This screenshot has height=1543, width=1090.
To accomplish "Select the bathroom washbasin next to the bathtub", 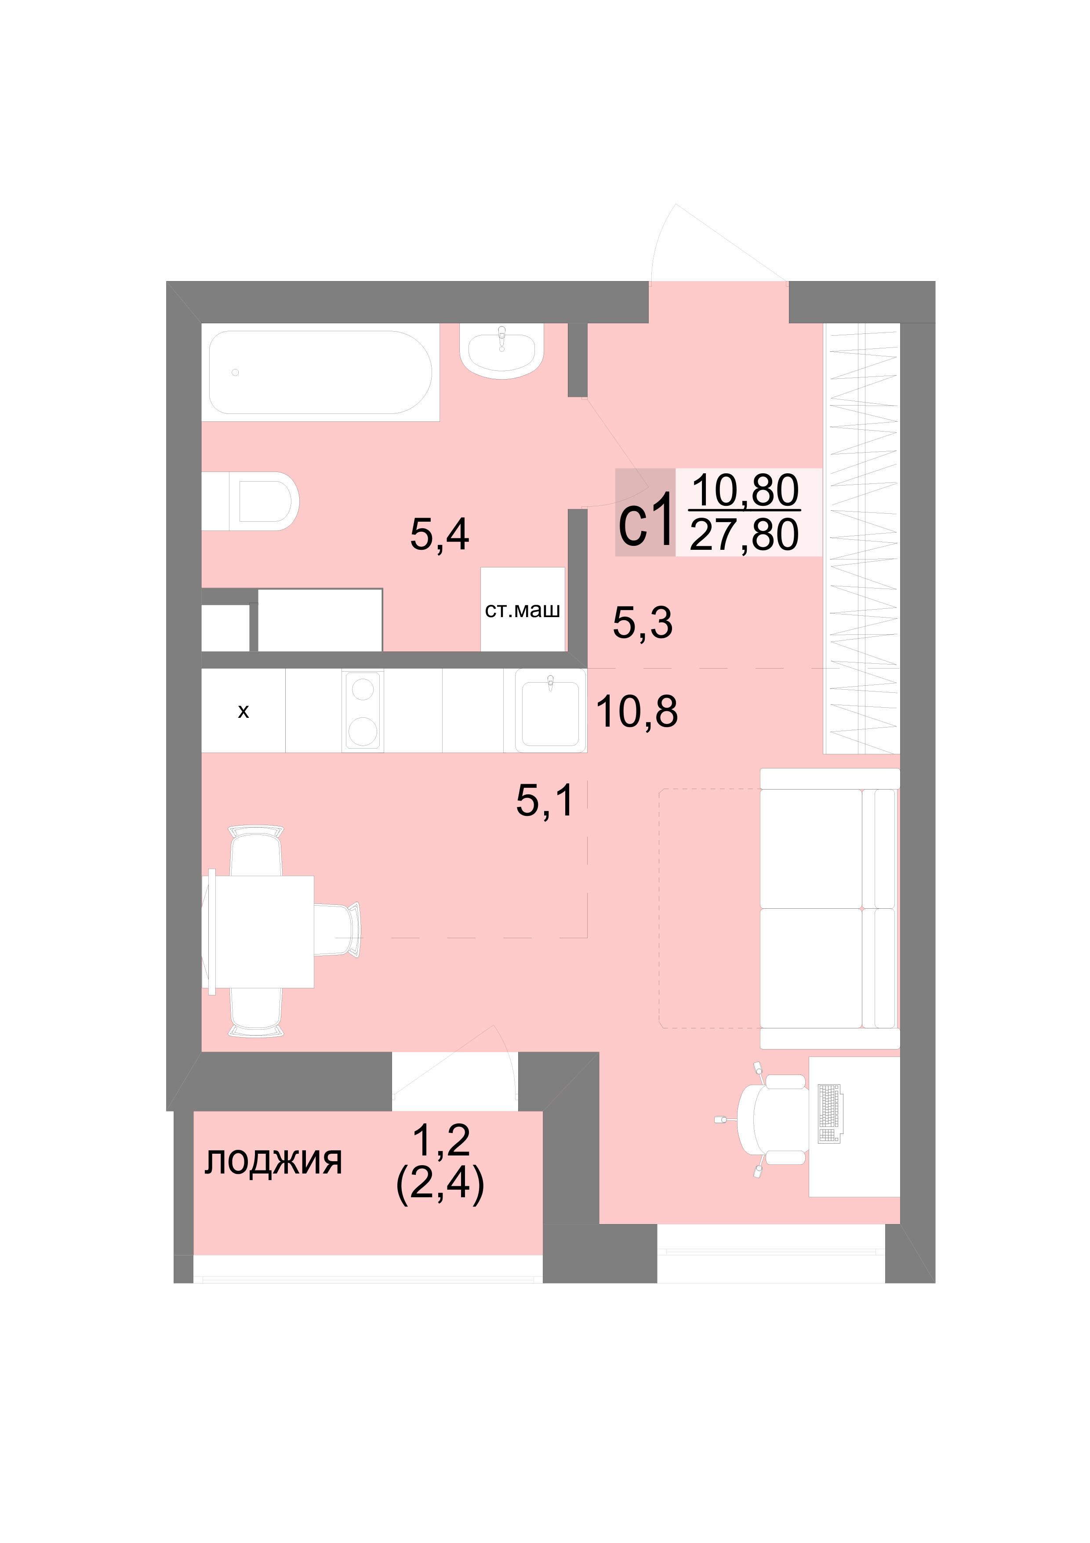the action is [x=501, y=351].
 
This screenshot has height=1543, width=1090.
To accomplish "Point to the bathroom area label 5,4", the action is [x=440, y=535].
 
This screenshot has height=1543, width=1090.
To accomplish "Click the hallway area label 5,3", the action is [x=643, y=622].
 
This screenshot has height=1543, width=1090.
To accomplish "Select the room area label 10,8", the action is [x=637, y=711].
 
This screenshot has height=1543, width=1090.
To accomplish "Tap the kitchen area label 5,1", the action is [x=545, y=801].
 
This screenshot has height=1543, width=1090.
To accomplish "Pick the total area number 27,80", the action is [x=744, y=535].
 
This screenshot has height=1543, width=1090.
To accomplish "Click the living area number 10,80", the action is [x=745, y=490].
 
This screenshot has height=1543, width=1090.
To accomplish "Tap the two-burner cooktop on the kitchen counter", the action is [x=363, y=710].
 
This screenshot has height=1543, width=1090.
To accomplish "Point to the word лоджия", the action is [x=273, y=1161].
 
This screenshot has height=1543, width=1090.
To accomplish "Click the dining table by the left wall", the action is [x=258, y=931].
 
